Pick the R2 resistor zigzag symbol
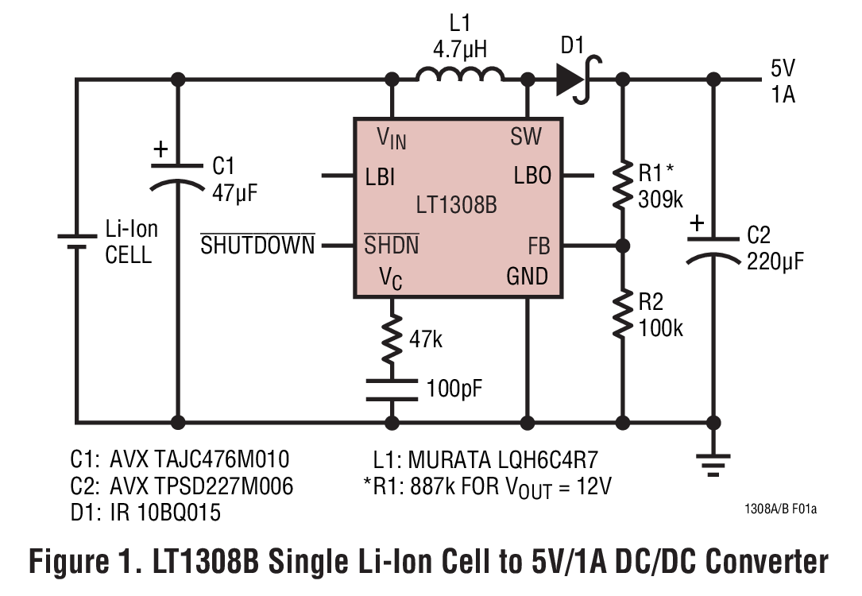pos(623,315)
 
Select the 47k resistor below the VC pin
pos(392,339)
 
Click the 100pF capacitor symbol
pos(392,389)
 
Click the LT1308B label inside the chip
pos(457,206)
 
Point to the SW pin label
pos(526,137)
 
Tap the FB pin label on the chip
pos(539,246)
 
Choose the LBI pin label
pos(380,176)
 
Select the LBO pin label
pos(532,176)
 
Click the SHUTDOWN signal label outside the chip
pos(257,245)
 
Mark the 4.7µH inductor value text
pos(460,50)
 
